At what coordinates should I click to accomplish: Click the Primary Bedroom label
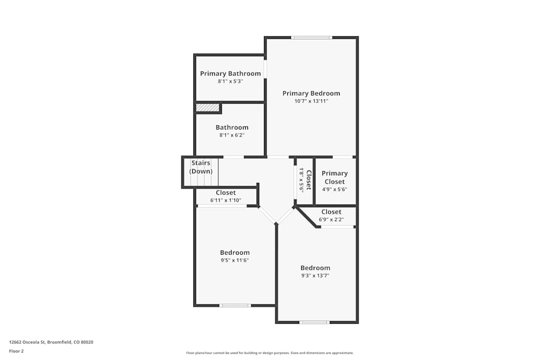(x=311, y=93)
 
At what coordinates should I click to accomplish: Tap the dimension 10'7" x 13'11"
(x=311, y=101)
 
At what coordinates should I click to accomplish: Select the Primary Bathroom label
(x=230, y=73)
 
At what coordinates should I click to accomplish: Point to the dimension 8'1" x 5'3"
(x=230, y=81)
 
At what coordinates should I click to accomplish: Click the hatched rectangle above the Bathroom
(x=207, y=108)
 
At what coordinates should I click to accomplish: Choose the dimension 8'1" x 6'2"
(x=232, y=135)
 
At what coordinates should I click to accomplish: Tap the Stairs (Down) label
(x=201, y=167)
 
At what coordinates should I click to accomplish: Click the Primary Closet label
(x=335, y=177)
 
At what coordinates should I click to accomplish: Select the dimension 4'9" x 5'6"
(x=335, y=189)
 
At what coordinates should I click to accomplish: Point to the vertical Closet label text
(x=309, y=180)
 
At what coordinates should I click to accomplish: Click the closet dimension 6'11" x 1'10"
(x=226, y=200)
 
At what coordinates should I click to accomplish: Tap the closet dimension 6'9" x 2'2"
(x=331, y=220)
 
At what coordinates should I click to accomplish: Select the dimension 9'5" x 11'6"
(x=234, y=260)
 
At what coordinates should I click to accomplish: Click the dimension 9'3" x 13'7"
(x=315, y=275)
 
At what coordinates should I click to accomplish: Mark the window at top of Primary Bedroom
(x=312, y=37)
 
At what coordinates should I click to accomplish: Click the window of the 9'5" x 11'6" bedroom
(x=235, y=305)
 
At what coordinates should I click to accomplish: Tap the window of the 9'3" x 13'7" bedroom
(x=314, y=322)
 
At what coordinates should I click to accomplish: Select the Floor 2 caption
(x=16, y=351)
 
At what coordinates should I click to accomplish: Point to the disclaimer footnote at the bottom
(x=270, y=353)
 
